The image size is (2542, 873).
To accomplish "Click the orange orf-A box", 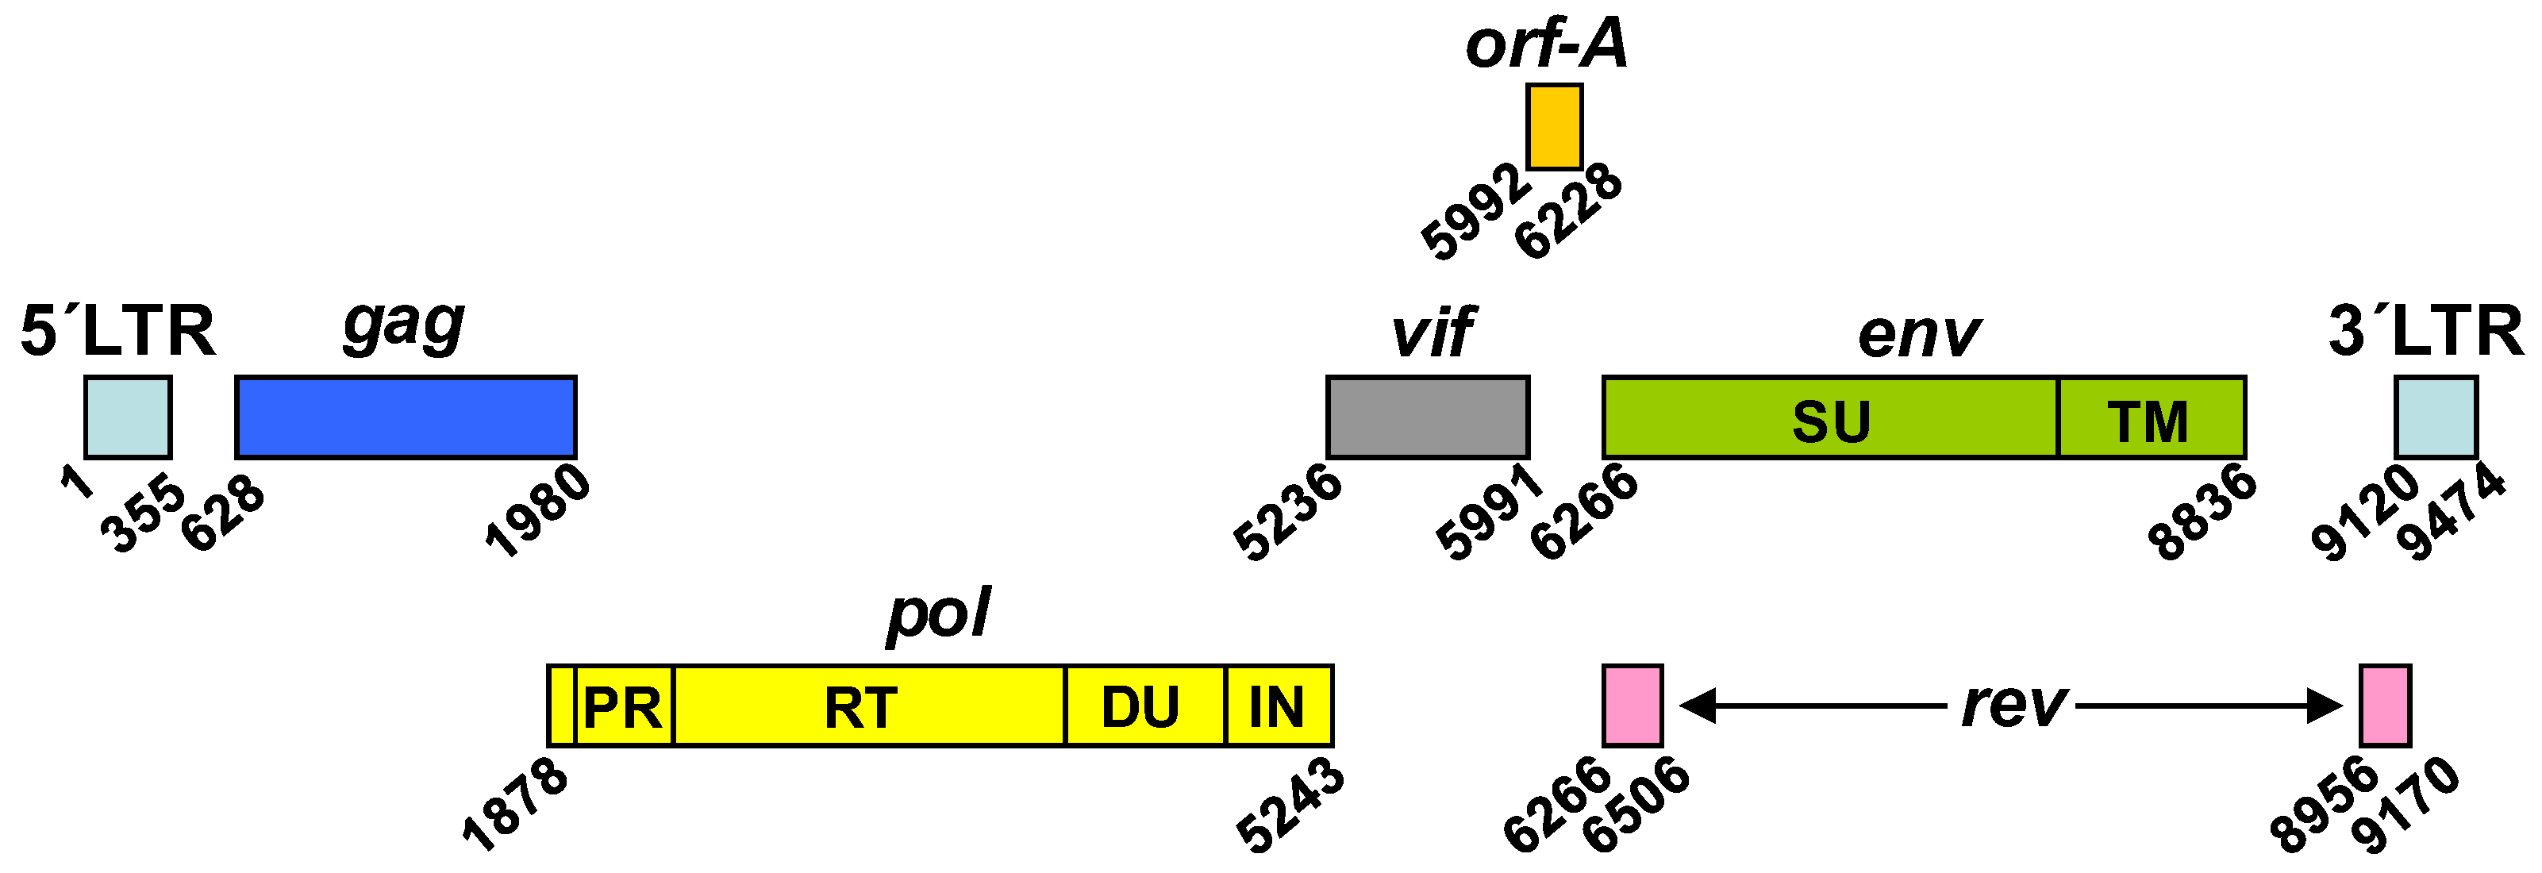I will click(x=1554, y=126).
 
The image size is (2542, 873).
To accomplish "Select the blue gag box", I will click(x=406, y=417).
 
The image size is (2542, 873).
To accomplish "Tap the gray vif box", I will click(x=1428, y=417).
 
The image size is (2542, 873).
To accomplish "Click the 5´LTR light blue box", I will click(x=129, y=417).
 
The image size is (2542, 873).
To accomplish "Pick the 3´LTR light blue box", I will click(x=2436, y=417).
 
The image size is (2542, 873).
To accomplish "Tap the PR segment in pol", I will click(x=624, y=706).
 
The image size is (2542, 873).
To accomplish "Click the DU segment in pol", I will click(x=1144, y=706).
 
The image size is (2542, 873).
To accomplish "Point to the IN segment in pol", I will click(x=1279, y=706).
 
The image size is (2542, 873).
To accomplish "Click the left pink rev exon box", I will click(x=1632, y=706).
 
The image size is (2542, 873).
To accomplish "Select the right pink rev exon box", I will click(x=2385, y=706).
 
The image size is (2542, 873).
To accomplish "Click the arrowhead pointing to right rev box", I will click(x=2324, y=706).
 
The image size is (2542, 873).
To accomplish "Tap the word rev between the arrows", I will click(x=2013, y=704).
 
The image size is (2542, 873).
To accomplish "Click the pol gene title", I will click(x=937, y=613).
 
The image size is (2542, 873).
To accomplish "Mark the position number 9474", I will click(x=2452, y=512).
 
